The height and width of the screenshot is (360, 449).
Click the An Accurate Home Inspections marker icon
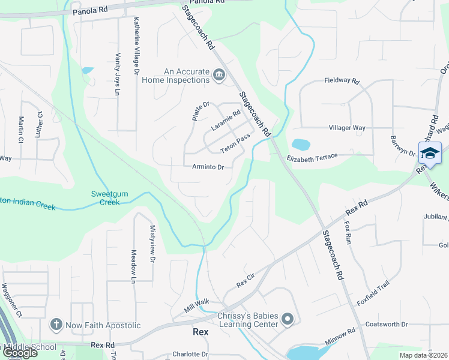click(x=219, y=76)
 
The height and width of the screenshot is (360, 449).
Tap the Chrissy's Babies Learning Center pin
click(x=288, y=319)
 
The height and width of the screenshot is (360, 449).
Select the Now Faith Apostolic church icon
click(x=56, y=325)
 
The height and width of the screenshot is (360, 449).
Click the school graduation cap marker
click(x=430, y=154)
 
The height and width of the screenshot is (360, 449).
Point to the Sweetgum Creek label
click(x=106, y=198)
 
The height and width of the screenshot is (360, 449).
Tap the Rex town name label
click(x=200, y=331)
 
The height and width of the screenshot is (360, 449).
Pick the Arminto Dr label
click(x=208, y=167)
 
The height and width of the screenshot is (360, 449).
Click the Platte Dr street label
click(x=200, y=112)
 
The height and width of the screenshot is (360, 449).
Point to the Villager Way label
click(x=347, y=128)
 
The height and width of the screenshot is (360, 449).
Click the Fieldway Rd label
click(x=341, y=80)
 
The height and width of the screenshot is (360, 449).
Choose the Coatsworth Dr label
click(x=386, y=325)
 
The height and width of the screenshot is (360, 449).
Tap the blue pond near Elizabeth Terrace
click(x=300, y=145)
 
